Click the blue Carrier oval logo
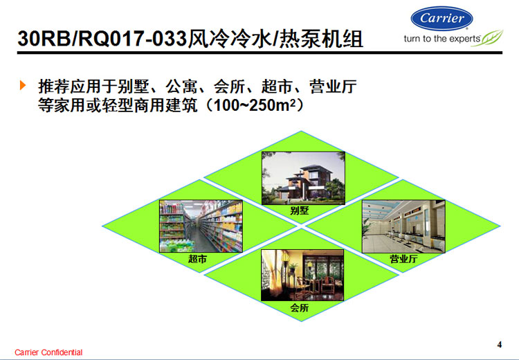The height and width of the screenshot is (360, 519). point(441,19)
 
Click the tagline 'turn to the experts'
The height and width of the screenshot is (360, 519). point(442,39)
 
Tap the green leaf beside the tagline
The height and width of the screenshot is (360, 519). point(489,38)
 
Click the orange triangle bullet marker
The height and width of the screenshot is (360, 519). point(23,85)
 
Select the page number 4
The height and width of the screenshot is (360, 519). point(500,345)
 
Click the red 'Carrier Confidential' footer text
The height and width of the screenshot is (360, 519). point(48,352)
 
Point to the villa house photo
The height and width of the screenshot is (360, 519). point(303,178)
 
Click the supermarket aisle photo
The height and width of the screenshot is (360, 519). point(201,226)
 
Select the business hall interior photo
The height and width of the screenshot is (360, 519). point(403,226)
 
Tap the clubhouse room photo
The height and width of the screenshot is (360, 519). point(302,276)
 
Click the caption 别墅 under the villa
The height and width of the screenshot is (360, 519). point(300,210)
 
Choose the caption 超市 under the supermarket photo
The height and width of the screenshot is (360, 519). point(198,259)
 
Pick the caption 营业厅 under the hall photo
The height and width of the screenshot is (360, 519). point(403,259)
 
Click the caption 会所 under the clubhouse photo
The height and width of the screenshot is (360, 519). point(300,307)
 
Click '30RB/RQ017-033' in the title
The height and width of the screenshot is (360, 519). point(102,39)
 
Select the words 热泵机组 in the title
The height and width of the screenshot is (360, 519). point(321,39)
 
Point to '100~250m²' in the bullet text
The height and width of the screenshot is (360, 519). point(254,105)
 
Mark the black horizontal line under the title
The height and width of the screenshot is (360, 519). point(259,53)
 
